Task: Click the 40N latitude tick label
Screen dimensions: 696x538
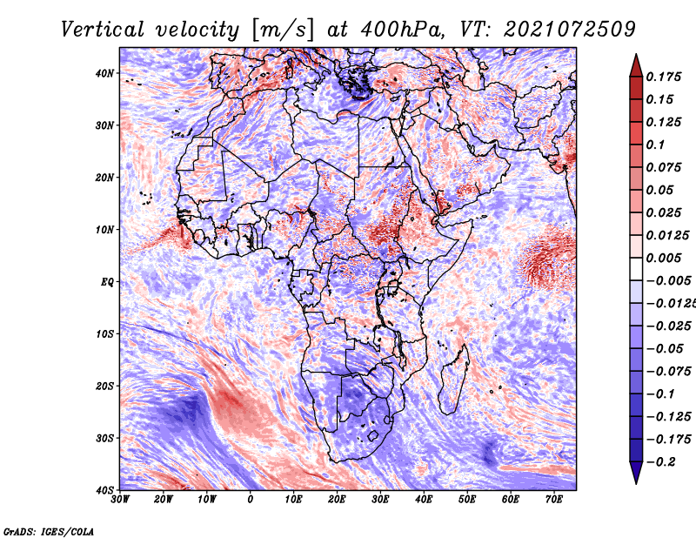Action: [104, 73]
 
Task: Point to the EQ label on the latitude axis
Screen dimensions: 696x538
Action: [107, 282]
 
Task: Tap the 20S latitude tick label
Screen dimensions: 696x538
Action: [104, 386]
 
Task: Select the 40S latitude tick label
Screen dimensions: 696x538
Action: [104, 490]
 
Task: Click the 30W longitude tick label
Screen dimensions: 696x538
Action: [120, 500]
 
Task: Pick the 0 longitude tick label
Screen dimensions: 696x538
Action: [251, 500]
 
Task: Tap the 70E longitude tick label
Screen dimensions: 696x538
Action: [554, 500]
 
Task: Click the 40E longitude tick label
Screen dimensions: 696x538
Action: [424, 500]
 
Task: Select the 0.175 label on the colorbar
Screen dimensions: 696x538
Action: [664, 77]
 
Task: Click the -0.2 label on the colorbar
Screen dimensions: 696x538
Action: [661, 462]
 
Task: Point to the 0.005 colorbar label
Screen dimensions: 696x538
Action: [664, 258]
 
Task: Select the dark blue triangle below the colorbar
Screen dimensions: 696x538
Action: [636, 471]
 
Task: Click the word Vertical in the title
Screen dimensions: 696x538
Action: [103, 30]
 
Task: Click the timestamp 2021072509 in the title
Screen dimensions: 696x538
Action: [570, 30]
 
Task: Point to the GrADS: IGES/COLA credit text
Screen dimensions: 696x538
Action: [49, 532]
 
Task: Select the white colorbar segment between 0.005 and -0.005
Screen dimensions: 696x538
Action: [636, 269]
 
